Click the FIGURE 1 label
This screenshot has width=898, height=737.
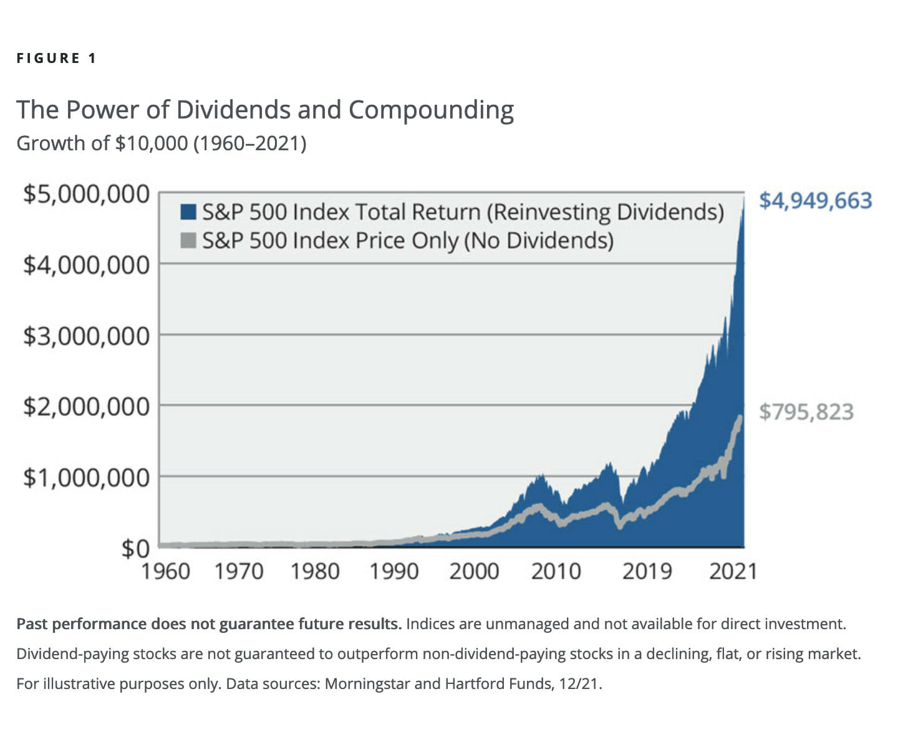click(57, 59)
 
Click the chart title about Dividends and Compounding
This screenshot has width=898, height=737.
click(264, 110)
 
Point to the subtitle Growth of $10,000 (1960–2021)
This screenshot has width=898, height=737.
click(161, 143)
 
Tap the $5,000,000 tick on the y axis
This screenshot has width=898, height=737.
click(86, 194)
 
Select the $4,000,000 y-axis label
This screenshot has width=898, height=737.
click(86, 265)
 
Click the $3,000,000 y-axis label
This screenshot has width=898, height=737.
click(86, 336)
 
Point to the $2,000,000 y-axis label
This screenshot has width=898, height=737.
click(86, 407)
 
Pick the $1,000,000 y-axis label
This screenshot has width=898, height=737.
click(86, 478)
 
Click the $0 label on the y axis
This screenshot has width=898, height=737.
click(135, 549)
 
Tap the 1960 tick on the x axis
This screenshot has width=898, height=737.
click(165, 571)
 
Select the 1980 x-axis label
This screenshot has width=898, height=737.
click(315, 571)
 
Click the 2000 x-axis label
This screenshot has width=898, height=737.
click(474, 571)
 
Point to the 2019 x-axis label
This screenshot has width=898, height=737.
click(647, 571)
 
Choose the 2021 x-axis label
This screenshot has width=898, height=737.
click(733, 571)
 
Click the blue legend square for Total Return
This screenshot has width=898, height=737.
click(188, 212)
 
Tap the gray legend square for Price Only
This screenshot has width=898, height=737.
click(188, 240)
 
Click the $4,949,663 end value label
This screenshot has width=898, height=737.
click(815, 201)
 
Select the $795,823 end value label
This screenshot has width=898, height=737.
click(806, 412)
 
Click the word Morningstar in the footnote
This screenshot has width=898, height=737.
click(367, 684)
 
